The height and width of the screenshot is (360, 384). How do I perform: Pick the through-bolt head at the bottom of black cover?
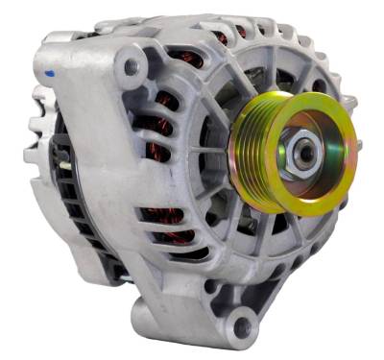click(x=124, y=278)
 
